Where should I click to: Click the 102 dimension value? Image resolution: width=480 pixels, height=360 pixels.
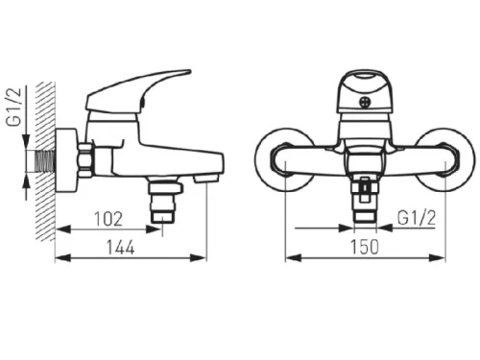pyautogui.click(x=108, y=219)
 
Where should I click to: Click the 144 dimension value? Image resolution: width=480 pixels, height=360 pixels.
pyautogui.click(x=120, y=248)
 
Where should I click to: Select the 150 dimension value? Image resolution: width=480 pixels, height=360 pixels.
pyautogui.click(x=365, y=247)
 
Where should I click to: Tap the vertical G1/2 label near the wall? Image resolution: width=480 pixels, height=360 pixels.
pyautogui.click(x=14, y=107)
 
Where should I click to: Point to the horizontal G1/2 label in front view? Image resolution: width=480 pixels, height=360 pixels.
pyautogui.click(x=417, y=218)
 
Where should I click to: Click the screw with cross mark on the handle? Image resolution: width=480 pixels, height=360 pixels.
pyautogui.click(x=365, y=103)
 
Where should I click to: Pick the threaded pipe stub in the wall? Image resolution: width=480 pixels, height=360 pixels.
pyautogui.click(x=45, y=161)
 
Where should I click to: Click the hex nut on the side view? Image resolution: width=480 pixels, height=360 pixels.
pyautogui.click(x=85, y=160)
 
